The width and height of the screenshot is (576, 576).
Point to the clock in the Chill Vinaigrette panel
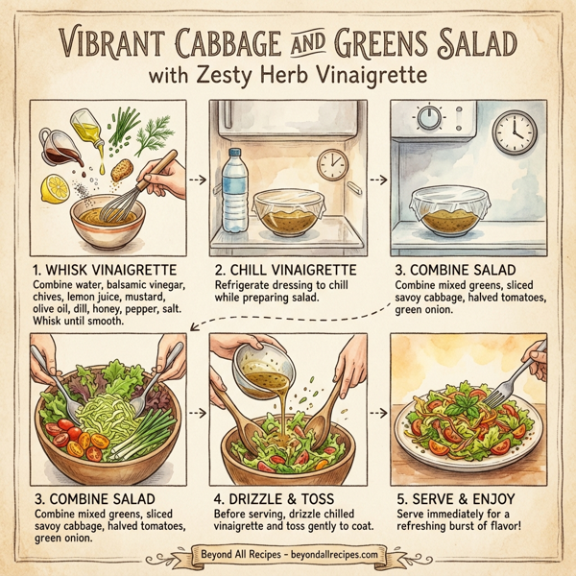[332, 164]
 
